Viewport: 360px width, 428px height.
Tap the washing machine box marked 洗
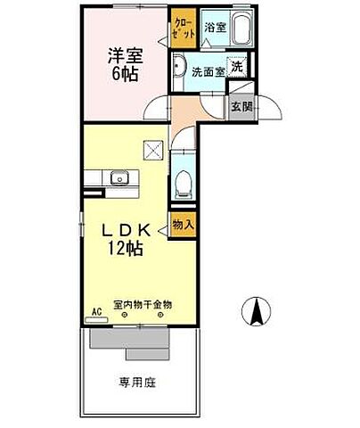click(236, 66)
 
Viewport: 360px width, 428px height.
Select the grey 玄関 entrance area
click(240, 104)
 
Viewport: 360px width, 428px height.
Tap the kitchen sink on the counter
click(118, 178)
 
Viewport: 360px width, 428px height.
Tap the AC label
click(97, 313)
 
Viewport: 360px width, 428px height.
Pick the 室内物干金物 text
click(142, 305)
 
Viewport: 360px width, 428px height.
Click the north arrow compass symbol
click(258, 312)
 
